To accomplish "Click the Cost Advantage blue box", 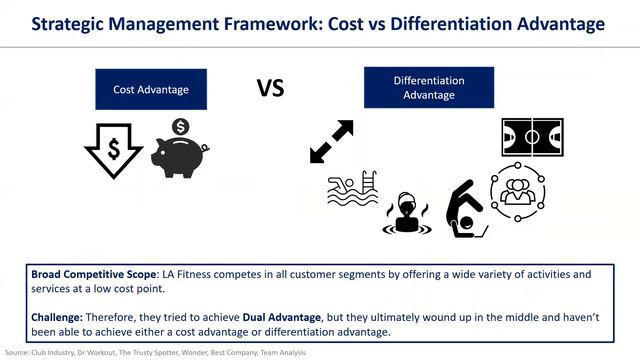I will (x=150, y=89).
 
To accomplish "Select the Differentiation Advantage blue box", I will (x=428, y=87).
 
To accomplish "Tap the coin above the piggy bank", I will (x=181, y=127).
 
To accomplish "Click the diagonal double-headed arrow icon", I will (x=332, y=142).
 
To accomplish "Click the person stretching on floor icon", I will (x=464, y=209).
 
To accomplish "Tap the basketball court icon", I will (x=532, y=137).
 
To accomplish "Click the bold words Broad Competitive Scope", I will (x=89, y=274).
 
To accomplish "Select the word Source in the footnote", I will (x=16, y=353).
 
